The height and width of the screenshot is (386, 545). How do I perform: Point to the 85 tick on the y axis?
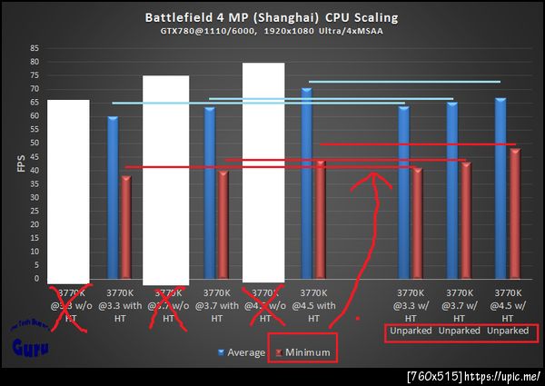pyautogui.click(x=34, y=48)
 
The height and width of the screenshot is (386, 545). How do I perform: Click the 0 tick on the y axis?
pyautogui.click(x=36, y=279)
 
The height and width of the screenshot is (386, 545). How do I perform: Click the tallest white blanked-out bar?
pyautogui.click(x=263, y=173)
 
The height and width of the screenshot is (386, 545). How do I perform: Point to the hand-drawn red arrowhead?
pyautogui.click(x=372, y=177)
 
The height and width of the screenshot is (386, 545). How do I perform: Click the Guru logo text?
pyautogui.click(x=24, y=346)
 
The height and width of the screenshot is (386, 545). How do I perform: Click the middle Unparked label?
pyautogui.click(x=458, y=331)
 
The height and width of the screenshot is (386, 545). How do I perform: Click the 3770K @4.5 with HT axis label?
pyautogui.click(x=312, y=305)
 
